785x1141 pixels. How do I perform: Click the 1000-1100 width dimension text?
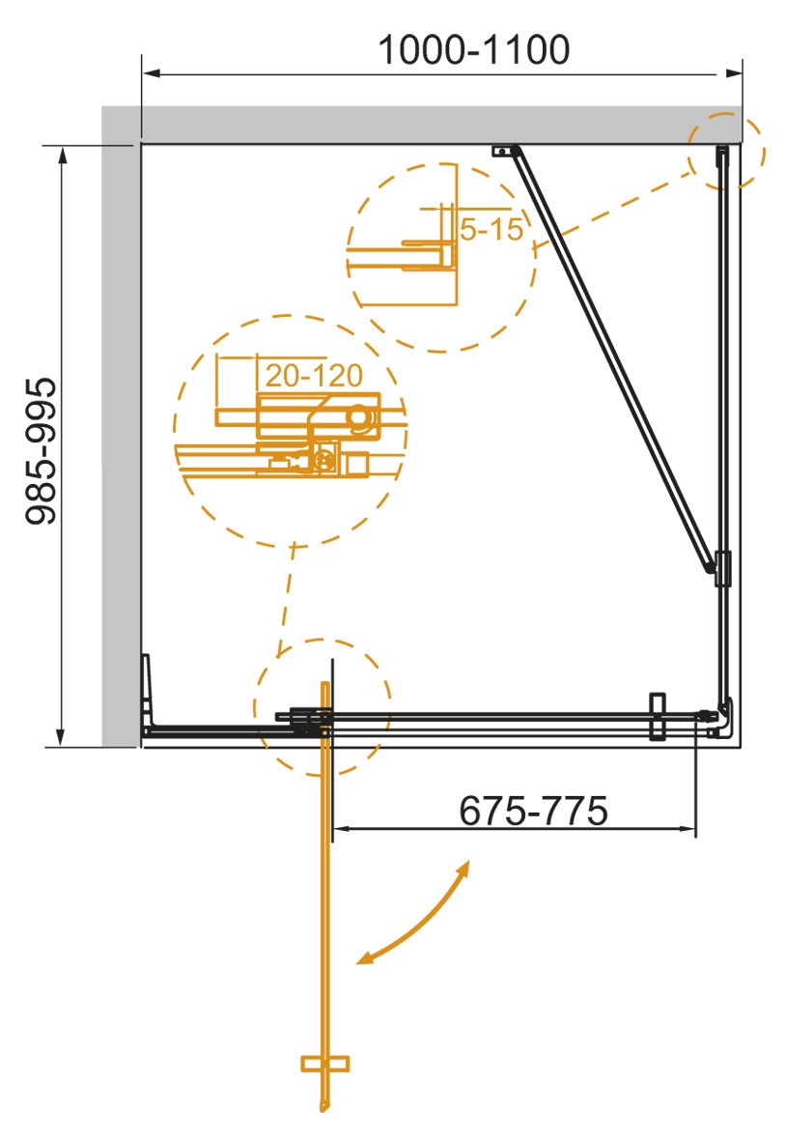click(472, 50)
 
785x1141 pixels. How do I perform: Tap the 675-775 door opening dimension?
click(533, 811)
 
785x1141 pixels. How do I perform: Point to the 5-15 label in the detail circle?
click(491, 230)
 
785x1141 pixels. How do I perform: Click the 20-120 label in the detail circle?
click(313, 375)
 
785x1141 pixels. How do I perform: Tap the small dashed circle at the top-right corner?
click(725, 152)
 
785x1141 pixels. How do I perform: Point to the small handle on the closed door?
click(659, 716)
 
